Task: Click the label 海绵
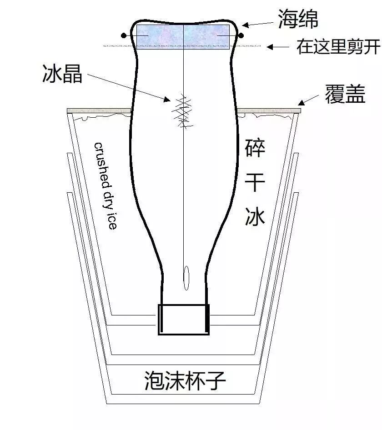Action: tap(298, 19)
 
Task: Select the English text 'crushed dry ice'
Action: tap(106, 185)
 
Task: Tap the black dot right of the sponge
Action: tap(241, 35)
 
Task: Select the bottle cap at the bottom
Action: tap(183, 319)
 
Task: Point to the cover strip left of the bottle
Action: tap(98, 110)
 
